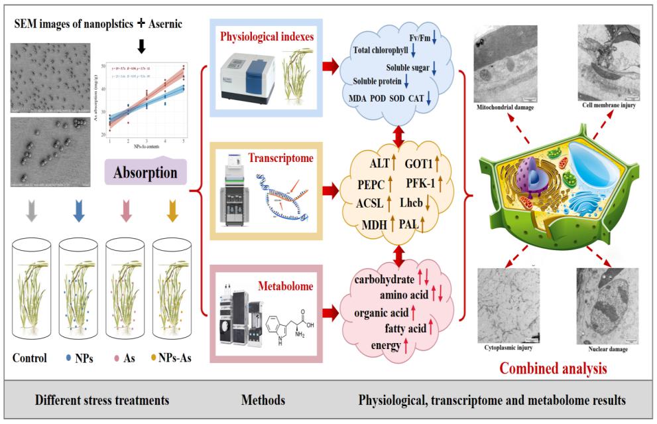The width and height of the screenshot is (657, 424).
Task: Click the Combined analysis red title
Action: (553, 367)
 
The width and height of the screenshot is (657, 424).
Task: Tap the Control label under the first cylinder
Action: (30, 359)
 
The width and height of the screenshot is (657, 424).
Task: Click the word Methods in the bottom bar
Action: (263, 401)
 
